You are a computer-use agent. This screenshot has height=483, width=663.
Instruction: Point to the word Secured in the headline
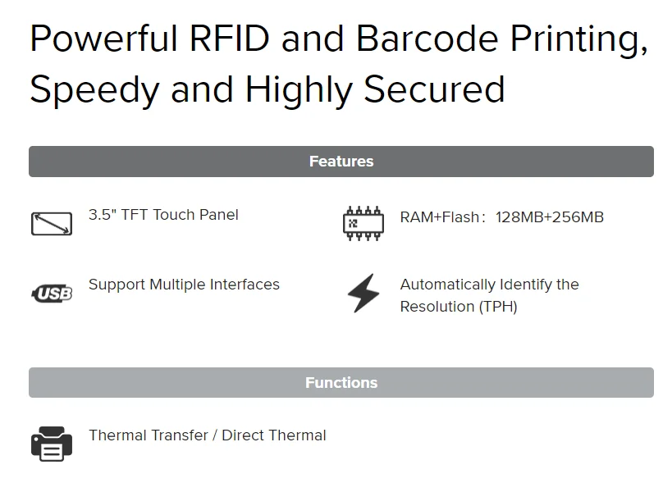434,89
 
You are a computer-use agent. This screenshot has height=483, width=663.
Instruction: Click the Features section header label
341,162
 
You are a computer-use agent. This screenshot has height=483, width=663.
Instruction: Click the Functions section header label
341,383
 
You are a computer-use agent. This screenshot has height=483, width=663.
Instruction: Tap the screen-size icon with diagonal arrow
51,223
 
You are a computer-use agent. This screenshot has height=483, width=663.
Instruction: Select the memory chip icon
363,223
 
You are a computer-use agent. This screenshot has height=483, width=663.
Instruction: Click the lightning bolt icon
363,294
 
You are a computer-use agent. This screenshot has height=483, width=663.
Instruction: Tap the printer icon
52,443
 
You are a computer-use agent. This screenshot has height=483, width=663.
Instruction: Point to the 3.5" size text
103,215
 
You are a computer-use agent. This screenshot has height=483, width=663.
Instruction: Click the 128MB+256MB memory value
550,217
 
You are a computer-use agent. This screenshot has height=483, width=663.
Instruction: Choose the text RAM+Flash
439,217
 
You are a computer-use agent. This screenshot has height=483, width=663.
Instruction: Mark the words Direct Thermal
274,435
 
